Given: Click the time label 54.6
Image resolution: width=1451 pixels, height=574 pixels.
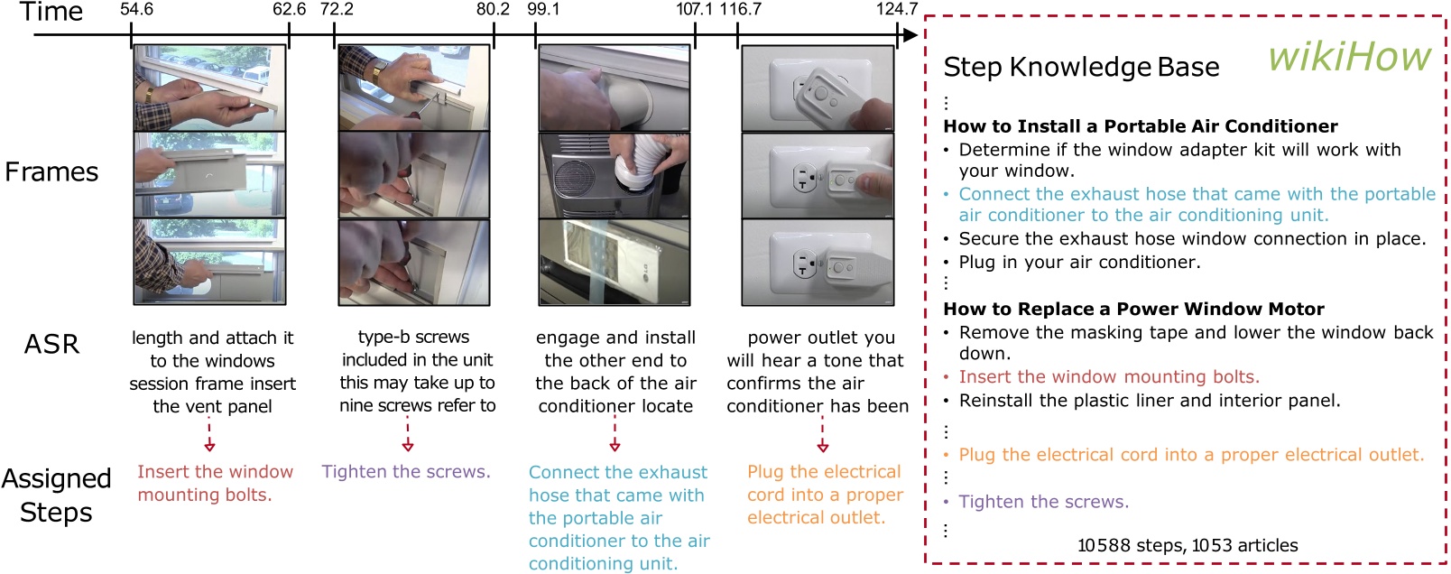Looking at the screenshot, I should tap(136, 10).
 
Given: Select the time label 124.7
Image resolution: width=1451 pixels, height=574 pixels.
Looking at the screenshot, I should tap(896, 10).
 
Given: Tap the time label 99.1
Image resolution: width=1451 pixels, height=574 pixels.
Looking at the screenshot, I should tap(543, 10).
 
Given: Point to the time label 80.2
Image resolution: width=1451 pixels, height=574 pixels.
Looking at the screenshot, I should tap(493, 10).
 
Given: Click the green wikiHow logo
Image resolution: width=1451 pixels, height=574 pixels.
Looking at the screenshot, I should tap(1349, 57).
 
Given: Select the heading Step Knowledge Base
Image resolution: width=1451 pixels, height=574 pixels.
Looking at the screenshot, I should tap(1081, 68).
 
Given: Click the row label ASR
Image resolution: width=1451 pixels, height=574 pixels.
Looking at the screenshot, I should tap(51, 344).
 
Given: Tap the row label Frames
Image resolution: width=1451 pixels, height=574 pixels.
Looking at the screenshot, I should tap(51, 171).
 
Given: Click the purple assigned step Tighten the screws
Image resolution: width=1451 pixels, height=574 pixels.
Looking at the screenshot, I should tap(406, 472).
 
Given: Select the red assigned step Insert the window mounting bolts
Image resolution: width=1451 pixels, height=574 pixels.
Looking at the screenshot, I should tap(215, 483).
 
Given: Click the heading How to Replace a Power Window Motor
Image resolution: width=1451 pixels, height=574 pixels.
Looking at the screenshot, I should tap(1133, 309).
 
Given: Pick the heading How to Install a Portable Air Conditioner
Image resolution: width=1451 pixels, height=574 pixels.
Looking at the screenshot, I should tap(1140, 126).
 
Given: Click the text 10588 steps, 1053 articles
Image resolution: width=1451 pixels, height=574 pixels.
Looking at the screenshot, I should tap(1187, 545).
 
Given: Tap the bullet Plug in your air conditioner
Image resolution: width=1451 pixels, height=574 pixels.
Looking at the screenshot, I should tap(1079, 263).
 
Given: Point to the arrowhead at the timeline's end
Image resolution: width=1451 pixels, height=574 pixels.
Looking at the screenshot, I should tap(910, 35).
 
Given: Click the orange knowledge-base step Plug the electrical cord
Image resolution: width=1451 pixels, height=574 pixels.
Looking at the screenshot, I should tap(1190, 455).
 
